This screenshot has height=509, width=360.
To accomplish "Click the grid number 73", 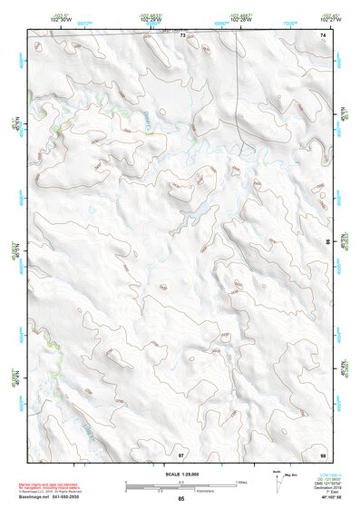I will click(x=182, y=35).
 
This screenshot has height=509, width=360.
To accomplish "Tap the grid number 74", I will click(x=323, y=35).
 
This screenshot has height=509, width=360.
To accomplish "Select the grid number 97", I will click(x=182, y=453).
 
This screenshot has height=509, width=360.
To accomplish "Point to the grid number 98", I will click(x=323, y=453).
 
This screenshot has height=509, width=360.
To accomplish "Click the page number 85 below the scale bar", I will click(x=181, y=499).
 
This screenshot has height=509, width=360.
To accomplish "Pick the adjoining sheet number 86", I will click(x=327, y=243).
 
